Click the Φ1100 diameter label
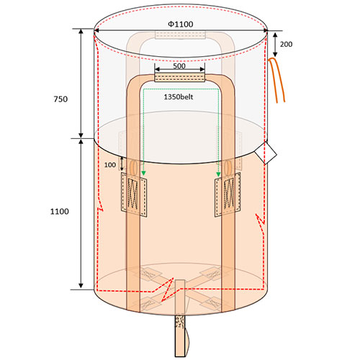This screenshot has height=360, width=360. [181, 24]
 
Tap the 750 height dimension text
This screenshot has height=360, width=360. [60, 99]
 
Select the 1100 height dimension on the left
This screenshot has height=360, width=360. [59, 212]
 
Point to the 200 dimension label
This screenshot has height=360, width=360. [286, 44]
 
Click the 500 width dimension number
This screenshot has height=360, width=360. [179, 66]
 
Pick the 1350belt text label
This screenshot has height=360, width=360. [179, 97]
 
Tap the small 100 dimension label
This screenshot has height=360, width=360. [110, 165]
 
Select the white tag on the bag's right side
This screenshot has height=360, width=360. [266, 153]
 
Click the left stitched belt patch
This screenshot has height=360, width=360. [134, 194]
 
